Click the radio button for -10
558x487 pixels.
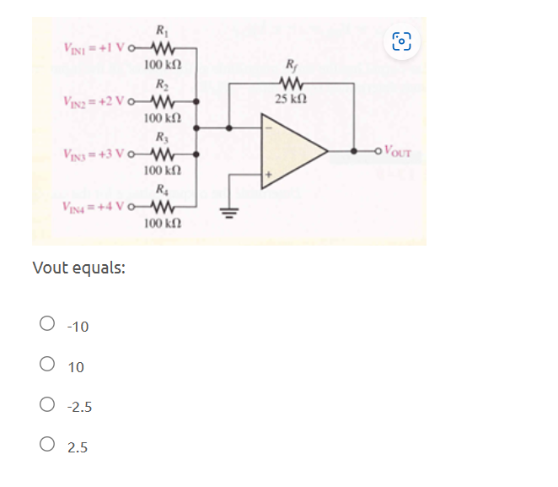tap(47, 324)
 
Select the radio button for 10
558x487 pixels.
tap(47, 365)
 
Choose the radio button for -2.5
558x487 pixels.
tap(47, 406)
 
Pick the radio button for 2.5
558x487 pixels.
tap(47, 446)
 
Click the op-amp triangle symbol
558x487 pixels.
tap(291, 152)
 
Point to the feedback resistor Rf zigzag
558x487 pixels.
tap(292, 84)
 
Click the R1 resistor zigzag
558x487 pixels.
tap(160, 47)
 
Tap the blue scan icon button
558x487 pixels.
tap(403, 40)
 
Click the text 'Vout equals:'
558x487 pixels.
tap(79, 268)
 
